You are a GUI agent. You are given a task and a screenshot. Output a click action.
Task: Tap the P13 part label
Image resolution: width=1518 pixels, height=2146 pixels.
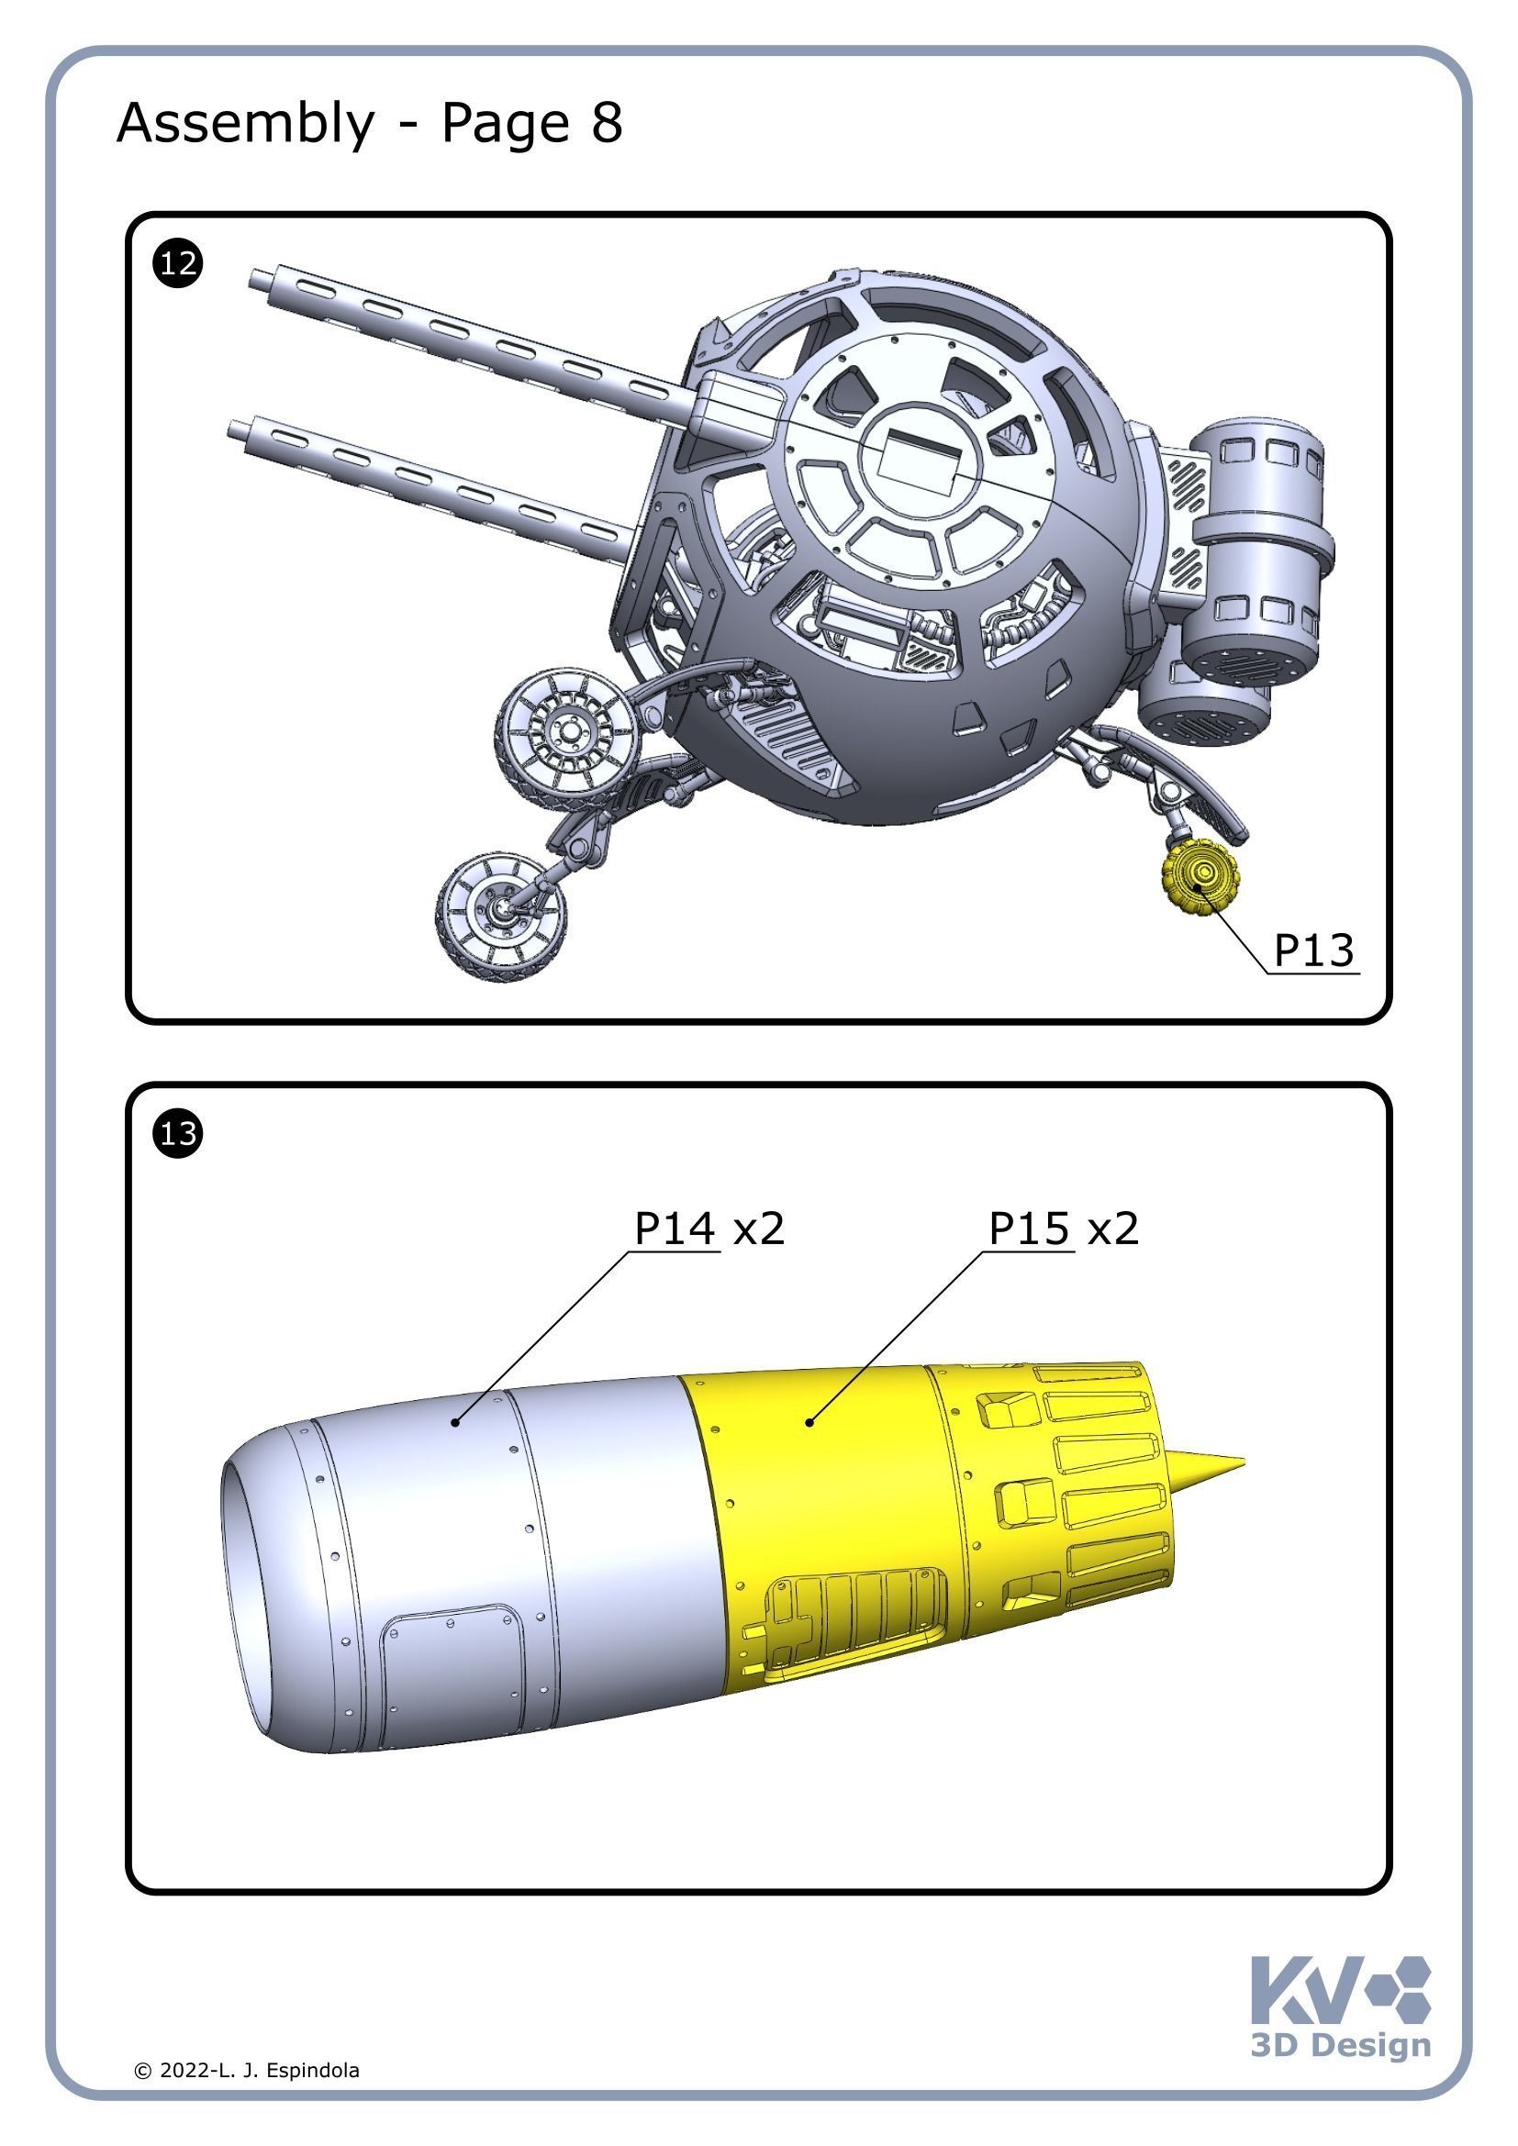[1313, 951]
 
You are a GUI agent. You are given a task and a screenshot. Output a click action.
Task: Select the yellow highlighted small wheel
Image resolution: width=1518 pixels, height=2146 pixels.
[1199, 876]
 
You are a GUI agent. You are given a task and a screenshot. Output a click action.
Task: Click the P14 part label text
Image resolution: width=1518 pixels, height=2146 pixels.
[674, 1229]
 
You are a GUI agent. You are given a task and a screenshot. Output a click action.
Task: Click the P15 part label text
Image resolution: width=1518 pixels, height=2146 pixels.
[1028, 1229]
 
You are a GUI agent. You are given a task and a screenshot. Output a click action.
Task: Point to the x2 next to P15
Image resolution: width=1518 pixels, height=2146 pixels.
[1113, 1229]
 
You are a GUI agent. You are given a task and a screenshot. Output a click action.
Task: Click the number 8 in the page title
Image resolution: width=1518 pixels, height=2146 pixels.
[607, 122]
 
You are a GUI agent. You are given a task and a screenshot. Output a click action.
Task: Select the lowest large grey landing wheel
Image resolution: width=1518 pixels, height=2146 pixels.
[501, 915]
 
